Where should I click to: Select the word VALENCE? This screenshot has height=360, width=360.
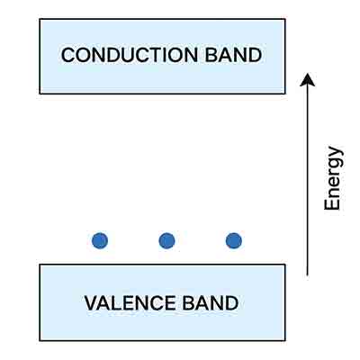click(129, 302)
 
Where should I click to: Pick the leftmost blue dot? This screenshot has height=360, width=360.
click(100, 240)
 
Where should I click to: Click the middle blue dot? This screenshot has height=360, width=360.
click(166, 240)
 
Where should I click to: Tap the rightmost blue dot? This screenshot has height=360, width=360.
click(233, 240)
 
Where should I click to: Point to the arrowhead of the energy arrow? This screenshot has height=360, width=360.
click(308, 80)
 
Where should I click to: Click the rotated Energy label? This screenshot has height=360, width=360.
click(333, 178)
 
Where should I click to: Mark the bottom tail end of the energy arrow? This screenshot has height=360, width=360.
click(308, 274)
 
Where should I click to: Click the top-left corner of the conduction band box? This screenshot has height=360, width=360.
click(40, 19)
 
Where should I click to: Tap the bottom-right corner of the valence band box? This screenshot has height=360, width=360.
click(285, 340)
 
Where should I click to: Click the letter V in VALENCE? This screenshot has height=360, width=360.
click(90, 302)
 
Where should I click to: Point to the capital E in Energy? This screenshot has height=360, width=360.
click(333, 204)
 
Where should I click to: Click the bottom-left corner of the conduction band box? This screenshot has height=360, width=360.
click(40, 94)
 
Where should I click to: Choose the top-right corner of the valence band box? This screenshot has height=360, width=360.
click(285, 265)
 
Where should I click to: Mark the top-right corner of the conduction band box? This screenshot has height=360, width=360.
click(285, 19)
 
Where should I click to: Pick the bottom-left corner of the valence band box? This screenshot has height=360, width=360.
click(40, 340)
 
